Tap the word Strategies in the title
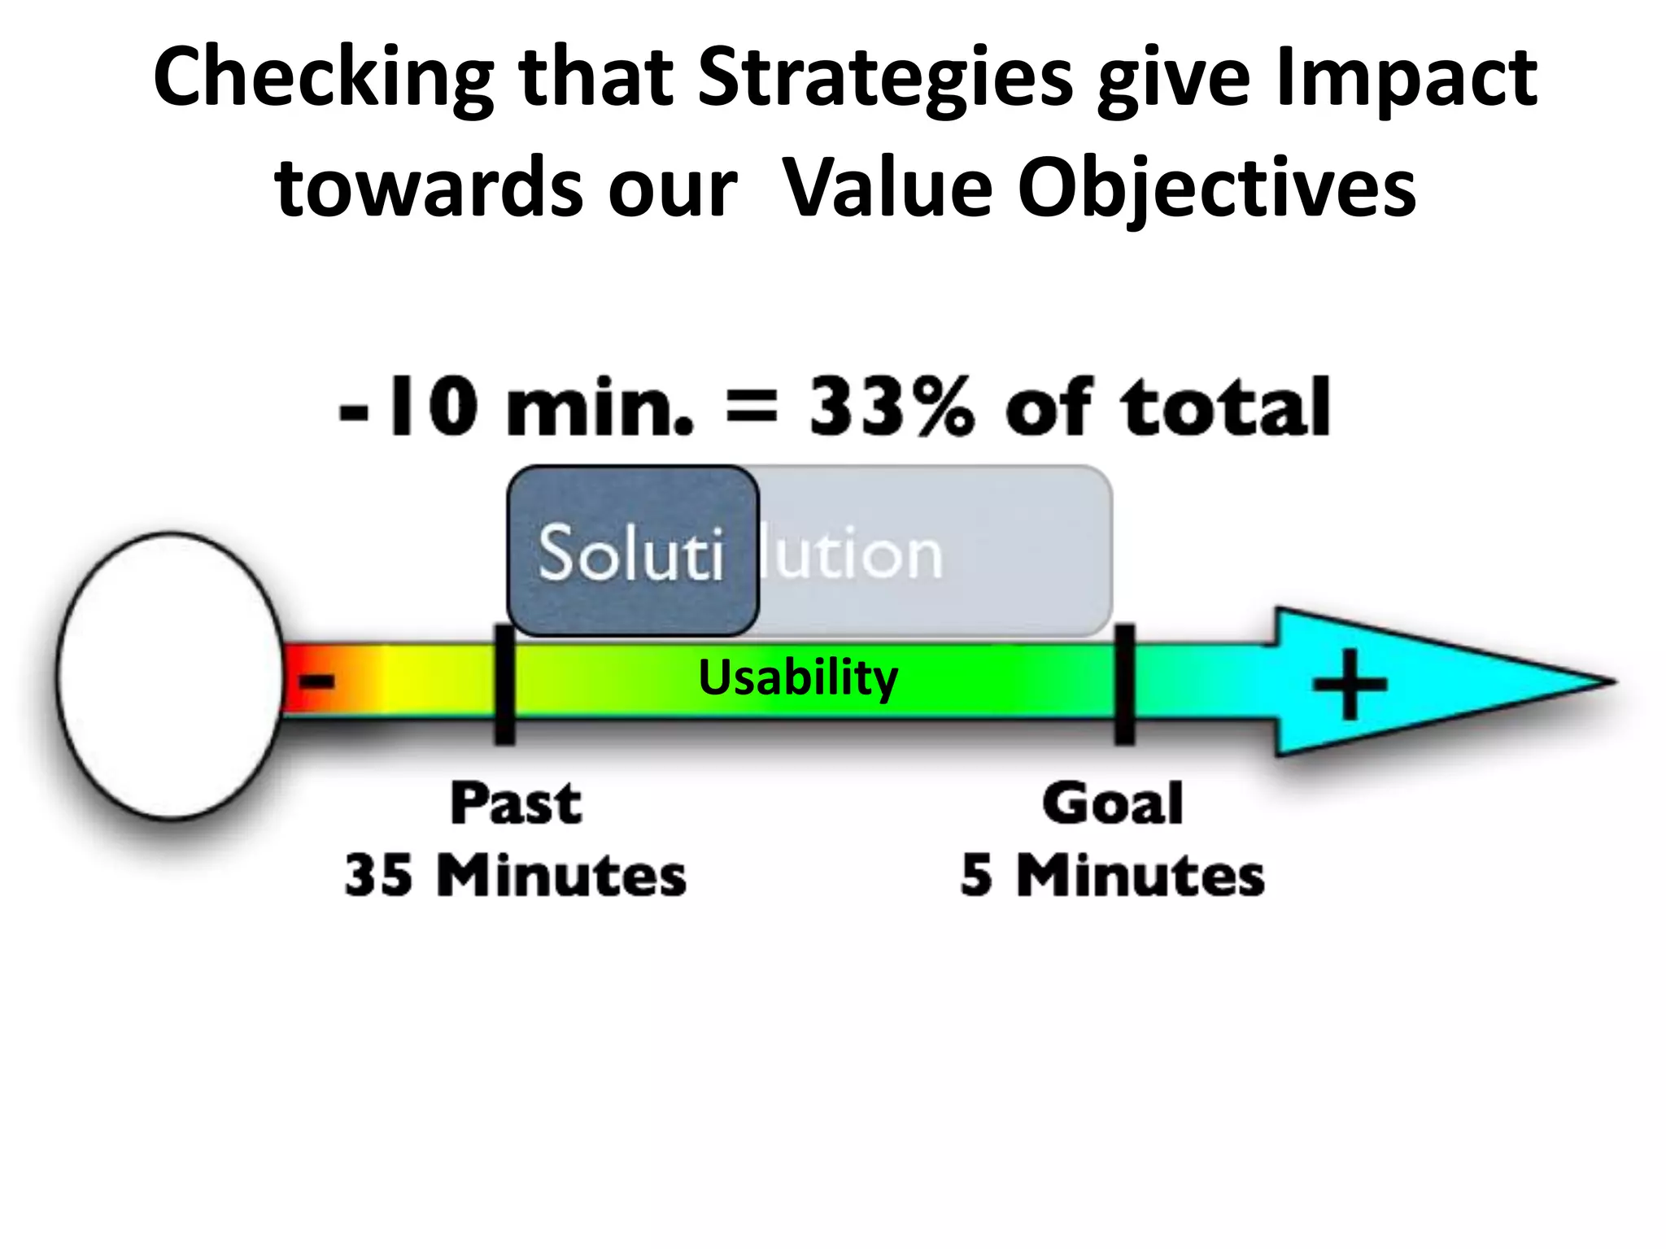point(885,79)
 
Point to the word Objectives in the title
point(1216,189)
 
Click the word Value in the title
point(888,189)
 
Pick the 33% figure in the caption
point(891,407)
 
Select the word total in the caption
point(1225,407)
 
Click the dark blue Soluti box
point(632,551)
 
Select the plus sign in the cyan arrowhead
point(1350,684)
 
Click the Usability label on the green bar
point(798,678)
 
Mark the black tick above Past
point(504,685)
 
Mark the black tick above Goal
point(1124,685)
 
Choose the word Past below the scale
point(517,803)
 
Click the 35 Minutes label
point(515,876)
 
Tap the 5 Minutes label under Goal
point(1112,876)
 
